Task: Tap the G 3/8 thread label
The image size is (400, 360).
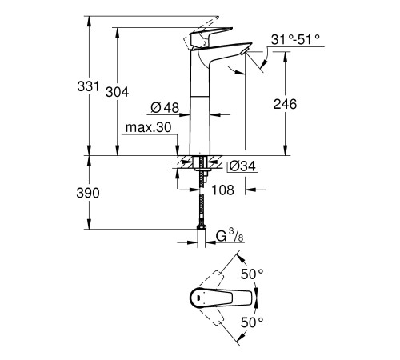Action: (x=228, y=236)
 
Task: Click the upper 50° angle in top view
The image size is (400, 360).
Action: (x=253, y=273)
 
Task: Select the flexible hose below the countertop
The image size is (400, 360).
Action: (x=199, y=204)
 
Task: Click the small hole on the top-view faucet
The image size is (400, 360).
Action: (x=194, y=298)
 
